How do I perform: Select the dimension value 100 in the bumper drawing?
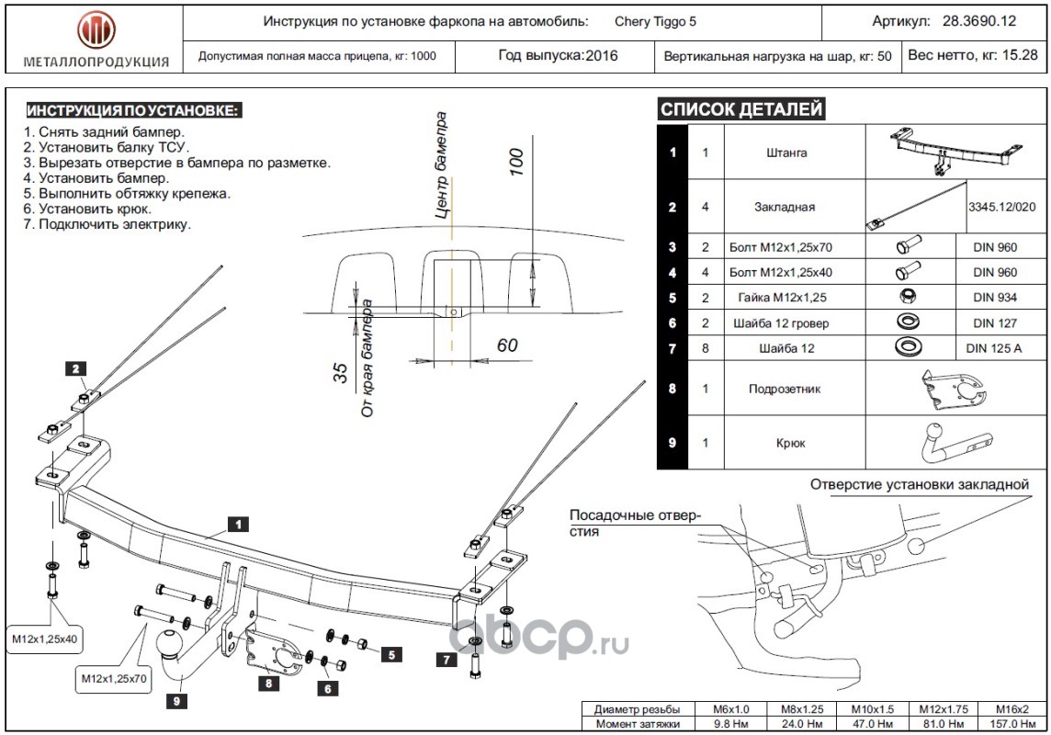pos(515,161)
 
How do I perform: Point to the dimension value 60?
pos(506,345)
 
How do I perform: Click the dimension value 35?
pos(341,373)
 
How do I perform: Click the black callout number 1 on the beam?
pos(237,525)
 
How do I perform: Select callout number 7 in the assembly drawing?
pos(445,659)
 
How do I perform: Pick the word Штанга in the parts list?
pos(785,153)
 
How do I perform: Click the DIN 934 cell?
pos(995,298)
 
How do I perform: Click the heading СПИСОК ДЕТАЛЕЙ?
pos(740,110)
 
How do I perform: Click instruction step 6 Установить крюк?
pos(87,209)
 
